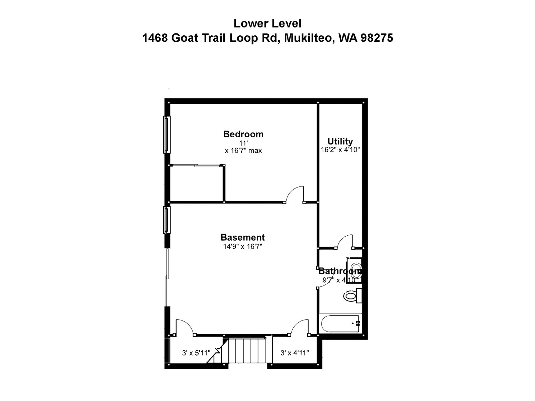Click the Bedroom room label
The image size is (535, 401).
pos(243,134)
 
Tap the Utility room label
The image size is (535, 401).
pos(340,141)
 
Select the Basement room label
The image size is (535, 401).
pos(242,237)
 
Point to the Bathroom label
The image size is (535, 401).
pos(340,271)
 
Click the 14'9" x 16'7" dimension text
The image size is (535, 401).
pos(242,247)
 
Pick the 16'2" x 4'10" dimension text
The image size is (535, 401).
pos(340,150)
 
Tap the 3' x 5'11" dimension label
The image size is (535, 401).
pos(196,353)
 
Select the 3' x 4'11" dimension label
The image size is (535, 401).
pos(294,353)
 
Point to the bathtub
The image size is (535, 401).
pos(339,323)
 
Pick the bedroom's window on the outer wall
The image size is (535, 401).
pos(167,134)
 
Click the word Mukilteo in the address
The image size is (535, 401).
pos(308,38)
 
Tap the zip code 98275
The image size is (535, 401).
pos(377,38)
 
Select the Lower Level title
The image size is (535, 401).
pos(267,23)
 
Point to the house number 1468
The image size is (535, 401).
pos(155,38)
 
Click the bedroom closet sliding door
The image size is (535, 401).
pos(197,165)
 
